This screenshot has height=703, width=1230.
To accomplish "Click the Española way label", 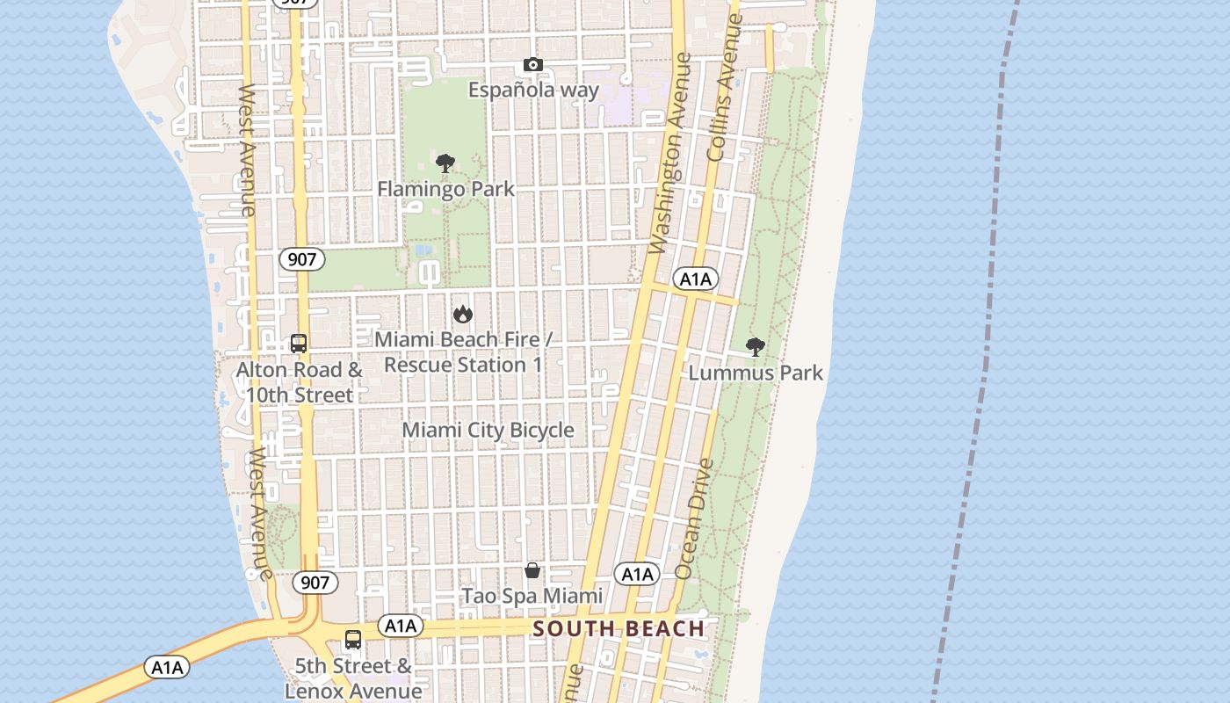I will (533, 90).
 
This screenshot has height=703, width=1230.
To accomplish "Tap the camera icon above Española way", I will (533, 65).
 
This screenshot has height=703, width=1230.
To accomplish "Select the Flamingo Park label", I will (445, 189).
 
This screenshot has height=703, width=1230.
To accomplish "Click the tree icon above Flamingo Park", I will (445, 163).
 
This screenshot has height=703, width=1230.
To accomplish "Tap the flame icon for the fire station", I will (463, 314).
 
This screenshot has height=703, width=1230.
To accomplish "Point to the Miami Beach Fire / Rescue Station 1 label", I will (463, 351).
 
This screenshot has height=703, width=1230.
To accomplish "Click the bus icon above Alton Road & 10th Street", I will (299, 344).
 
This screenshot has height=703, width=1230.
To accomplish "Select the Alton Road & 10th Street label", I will (299, 382).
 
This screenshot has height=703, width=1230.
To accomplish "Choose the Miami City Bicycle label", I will (488, 430).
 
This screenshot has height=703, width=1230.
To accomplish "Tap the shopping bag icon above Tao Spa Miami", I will (532, 571).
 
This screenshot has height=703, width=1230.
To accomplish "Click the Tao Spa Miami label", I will (532, 596).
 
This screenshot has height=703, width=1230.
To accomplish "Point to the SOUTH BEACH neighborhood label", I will (619, 628).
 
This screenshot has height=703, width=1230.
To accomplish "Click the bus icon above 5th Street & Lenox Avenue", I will (353, 640).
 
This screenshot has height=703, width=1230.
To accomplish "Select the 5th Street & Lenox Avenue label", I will (353, 678).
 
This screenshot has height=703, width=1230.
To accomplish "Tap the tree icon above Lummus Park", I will (755, 347).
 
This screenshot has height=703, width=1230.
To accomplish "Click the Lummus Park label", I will (756, 373).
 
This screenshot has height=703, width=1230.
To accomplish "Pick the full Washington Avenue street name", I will (670, 154).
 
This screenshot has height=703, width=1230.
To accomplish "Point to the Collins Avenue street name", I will (725, 88).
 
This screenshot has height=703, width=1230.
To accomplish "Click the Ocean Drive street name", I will (695, 518).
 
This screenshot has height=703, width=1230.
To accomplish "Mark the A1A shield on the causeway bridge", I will (167, 668).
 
